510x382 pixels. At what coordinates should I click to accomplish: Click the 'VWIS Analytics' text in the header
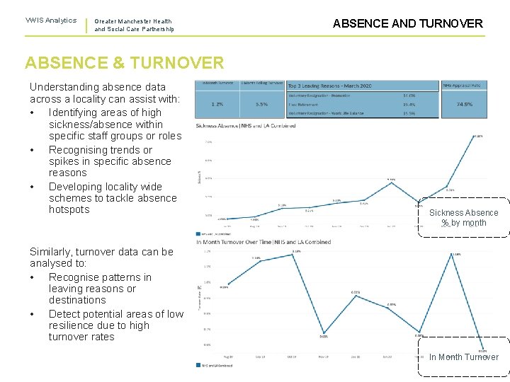pos(51,21)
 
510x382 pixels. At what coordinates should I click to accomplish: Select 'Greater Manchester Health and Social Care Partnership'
pos(133,25)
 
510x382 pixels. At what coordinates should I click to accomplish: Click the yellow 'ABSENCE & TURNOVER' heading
pos(124,62)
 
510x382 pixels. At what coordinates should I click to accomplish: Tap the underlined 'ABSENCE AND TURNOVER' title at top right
pos(407,23)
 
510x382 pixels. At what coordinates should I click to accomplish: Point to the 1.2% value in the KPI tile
pos(217,104)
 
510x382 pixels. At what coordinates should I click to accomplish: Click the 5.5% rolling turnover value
pos(261,104)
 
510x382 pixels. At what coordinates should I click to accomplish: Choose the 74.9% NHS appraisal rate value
pos(465,104)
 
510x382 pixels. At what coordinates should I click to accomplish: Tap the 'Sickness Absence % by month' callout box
pos(463,218)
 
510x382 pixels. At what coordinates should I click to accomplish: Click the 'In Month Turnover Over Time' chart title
pos(263,242)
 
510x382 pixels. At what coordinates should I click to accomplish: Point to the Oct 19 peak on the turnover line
pos(297,253)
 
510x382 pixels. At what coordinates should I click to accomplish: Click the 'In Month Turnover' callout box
pos(463,357)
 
